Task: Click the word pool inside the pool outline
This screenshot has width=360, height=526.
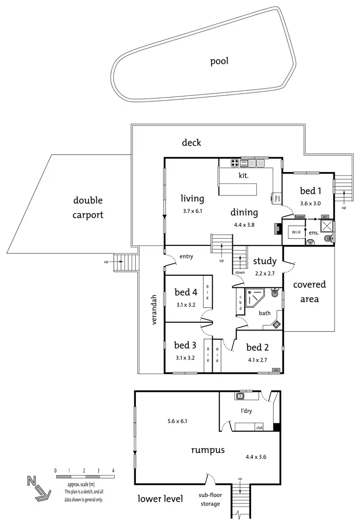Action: point(219,61)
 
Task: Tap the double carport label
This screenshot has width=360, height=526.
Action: point(88,208)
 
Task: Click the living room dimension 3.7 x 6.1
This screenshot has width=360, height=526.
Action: point(192,210)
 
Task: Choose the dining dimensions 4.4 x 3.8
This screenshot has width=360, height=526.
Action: point(244,224)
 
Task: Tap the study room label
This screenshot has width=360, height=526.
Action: point(264,261)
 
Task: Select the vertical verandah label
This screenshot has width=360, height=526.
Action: point(155,309)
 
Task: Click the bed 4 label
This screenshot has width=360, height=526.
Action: point(186,292)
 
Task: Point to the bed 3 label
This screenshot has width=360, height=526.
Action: point(185,345)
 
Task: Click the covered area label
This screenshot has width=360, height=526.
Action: point(310,292)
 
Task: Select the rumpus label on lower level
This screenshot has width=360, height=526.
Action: point(208,450)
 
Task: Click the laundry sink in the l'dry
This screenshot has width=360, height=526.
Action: point(240,396)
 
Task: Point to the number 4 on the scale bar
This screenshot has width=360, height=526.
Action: point(113,470)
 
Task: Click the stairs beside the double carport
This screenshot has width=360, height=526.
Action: point(128,262)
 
